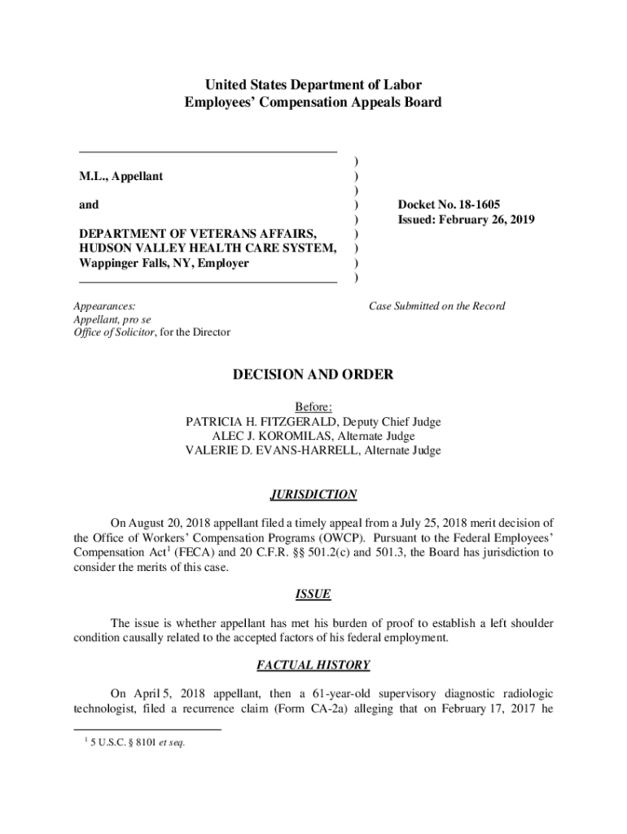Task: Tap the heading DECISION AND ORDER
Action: tap(313, 375)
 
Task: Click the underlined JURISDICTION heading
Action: tap(313, 494)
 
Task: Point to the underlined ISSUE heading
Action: tap(313, 595)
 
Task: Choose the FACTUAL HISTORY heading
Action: tap(313, 665)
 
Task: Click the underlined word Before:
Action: tap(313, 407)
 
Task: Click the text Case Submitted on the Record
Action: tap(436, 306)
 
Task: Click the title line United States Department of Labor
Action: tap(313, 85)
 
